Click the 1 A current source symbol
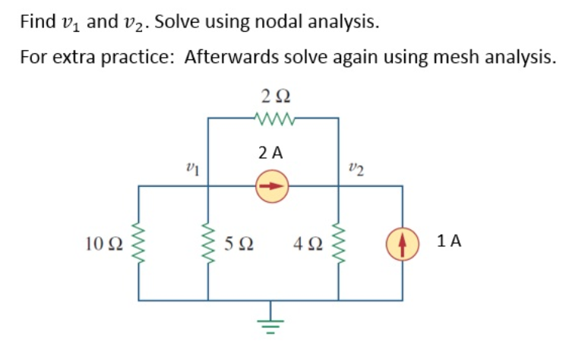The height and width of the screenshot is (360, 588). (402, 242)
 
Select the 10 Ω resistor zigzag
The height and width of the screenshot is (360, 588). (138, 242)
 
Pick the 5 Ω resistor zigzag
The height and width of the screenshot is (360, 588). (208, 242)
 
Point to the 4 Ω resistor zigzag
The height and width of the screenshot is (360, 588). (339, 242)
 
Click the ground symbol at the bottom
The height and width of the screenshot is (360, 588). (274, 319)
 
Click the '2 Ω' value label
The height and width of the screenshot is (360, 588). (274, 96)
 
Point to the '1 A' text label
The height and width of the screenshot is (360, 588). (450, 242)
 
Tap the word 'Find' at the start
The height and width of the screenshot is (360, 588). (36, 21)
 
